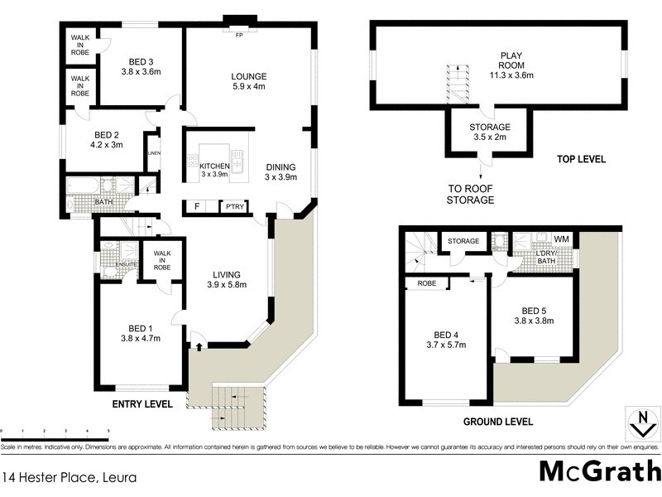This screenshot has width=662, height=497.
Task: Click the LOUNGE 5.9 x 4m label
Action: [x=248, y=84]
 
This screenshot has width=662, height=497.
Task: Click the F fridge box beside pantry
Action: [x=197, y=206]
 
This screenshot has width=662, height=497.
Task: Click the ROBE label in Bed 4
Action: [x=427, y=282]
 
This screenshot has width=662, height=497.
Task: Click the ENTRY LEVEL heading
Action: [x=142, y=405]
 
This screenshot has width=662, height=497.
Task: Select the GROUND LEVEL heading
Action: [x=497, y=422]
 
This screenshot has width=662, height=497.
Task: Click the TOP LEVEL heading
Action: [x=582, y=159]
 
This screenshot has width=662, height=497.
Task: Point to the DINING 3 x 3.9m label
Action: [x=280, y=172]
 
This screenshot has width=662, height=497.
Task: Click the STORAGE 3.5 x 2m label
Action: [x=490, y=133]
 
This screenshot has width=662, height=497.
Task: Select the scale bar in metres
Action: [x=55, y=433]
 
